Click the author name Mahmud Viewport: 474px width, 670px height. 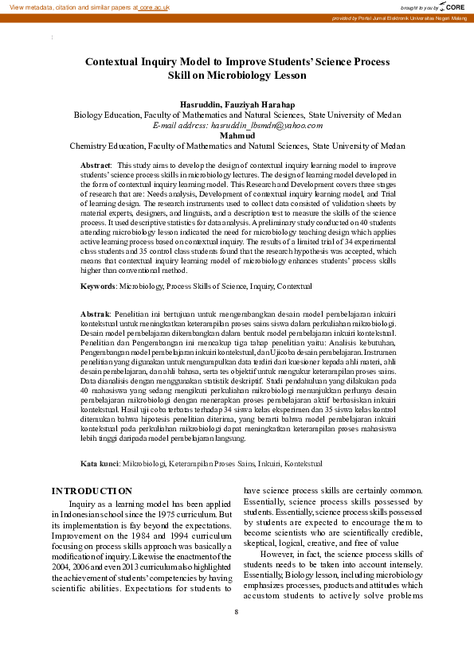coord(237,135)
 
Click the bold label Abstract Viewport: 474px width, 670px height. coord(96,164)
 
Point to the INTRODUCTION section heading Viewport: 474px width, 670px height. coord(92,491)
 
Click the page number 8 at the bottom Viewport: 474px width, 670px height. coord(237,611)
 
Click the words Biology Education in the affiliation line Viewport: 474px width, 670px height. coord(107,115)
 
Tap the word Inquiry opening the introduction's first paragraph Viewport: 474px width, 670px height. coord(84,504)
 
